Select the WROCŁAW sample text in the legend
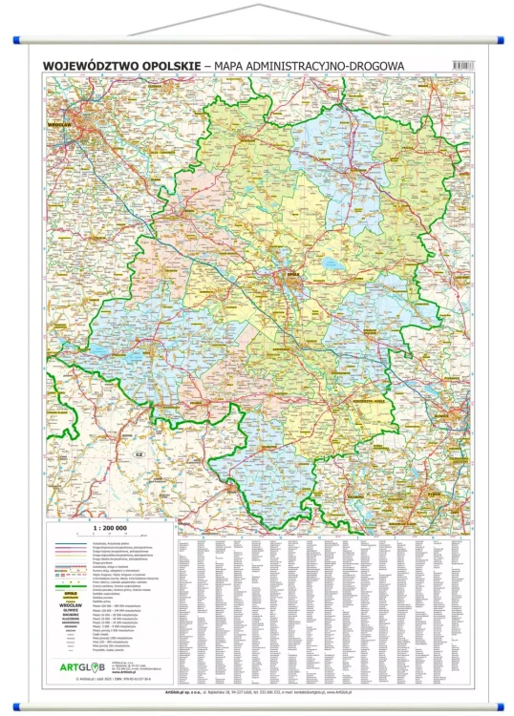click(x=69, y=604)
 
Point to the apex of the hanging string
click(x=258, y=5)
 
